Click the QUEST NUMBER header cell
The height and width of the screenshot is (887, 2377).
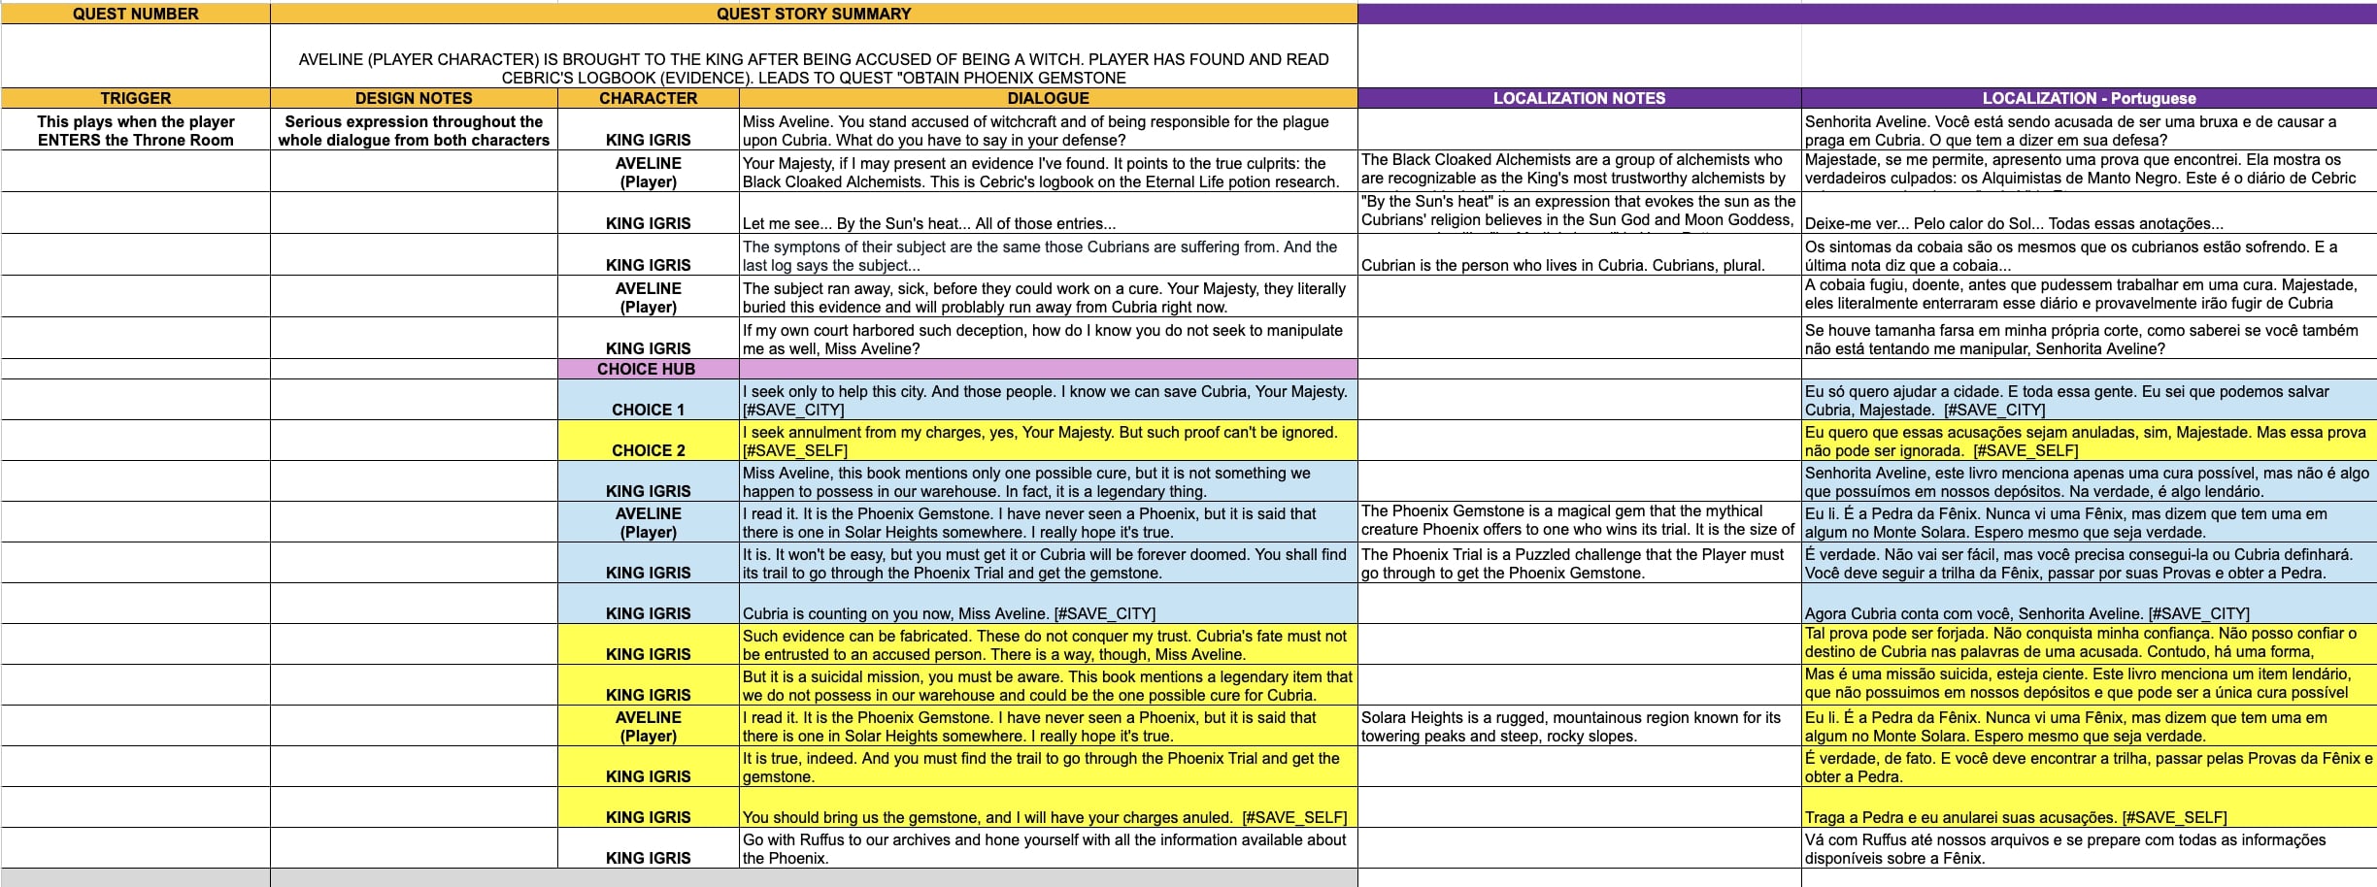pos(135,14)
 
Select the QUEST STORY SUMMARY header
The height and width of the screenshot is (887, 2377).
pos(814,14)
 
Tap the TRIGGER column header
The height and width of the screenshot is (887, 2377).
pos(135,98)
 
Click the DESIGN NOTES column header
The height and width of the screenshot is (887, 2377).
pos(414,98)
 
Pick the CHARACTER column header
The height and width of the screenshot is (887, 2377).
pos(648,98)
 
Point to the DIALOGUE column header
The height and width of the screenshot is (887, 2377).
pos(1048,98)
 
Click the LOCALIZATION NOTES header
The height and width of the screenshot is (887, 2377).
pos(1579,98)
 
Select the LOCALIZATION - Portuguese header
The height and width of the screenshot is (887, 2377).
pos(2089,98)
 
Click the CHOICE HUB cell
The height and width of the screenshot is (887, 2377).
pos(647,369)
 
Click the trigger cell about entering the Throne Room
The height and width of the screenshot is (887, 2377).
pos(135,130)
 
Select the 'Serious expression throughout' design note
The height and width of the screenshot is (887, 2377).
pos(414,130)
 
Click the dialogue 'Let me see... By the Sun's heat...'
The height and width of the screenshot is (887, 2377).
pos(929,223)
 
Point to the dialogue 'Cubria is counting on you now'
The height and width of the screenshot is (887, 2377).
pos(949,613)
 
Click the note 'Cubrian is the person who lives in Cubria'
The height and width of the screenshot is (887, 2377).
pos(1562,265)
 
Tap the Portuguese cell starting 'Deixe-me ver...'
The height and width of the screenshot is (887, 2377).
pos(2014,223)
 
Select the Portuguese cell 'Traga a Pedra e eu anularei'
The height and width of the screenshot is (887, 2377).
pos(2016,817)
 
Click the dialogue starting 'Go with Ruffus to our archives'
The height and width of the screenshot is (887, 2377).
pos(1044,848)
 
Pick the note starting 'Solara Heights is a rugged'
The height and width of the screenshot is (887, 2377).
pos(1570,726)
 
